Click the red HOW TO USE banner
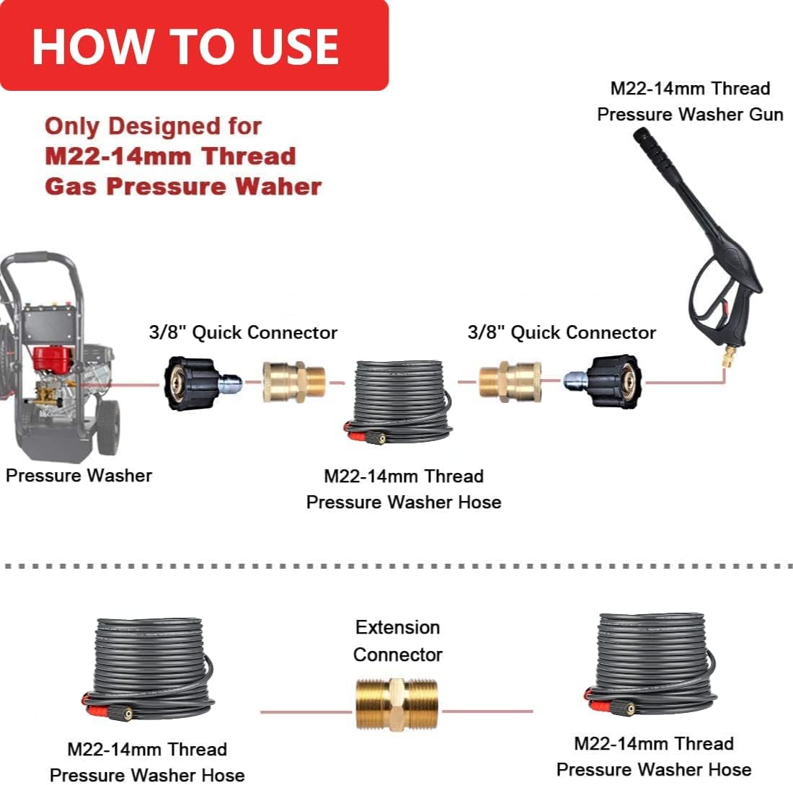pyautogui.click(x=193, y=45)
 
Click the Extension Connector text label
pyautogui.click(x=397, y=641)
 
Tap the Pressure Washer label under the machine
pyautogui.click(x=79, y=476)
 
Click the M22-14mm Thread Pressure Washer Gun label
pyautogui.click(x=690, y=102)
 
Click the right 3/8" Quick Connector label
pyautogui.click(x=562, y=332)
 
